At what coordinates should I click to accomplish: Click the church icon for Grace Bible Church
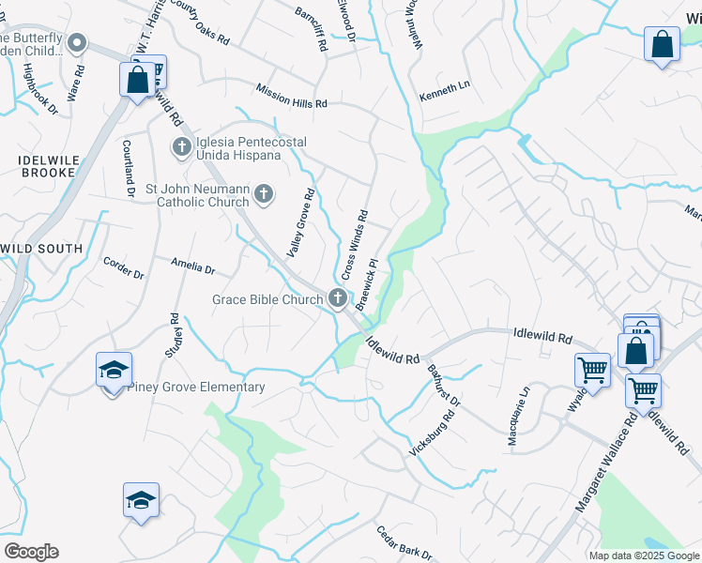click(338, 299)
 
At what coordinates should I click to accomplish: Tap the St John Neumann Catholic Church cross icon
click(265, 194)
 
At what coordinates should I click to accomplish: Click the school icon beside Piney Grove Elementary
click(114, 372)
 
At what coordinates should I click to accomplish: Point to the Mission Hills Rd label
click(292, 95)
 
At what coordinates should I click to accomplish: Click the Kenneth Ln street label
click(444, 91)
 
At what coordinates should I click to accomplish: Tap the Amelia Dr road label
click(193, 267)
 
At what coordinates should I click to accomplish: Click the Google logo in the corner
click(31, 552)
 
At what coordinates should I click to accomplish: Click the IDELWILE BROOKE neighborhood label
click(46, 166)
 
